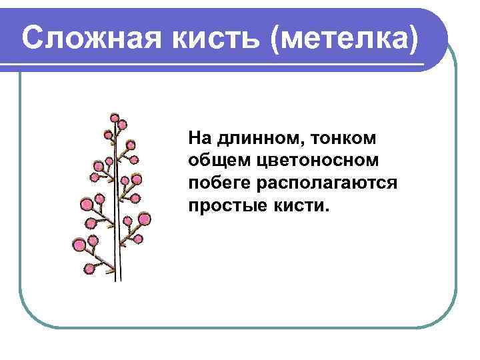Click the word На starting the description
click(199, 138)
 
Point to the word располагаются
click(328, 182)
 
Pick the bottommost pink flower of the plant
click(90, 269)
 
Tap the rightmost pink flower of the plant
click(145, 218)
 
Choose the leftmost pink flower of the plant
click(79, 245)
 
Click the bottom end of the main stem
click(117, 279)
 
